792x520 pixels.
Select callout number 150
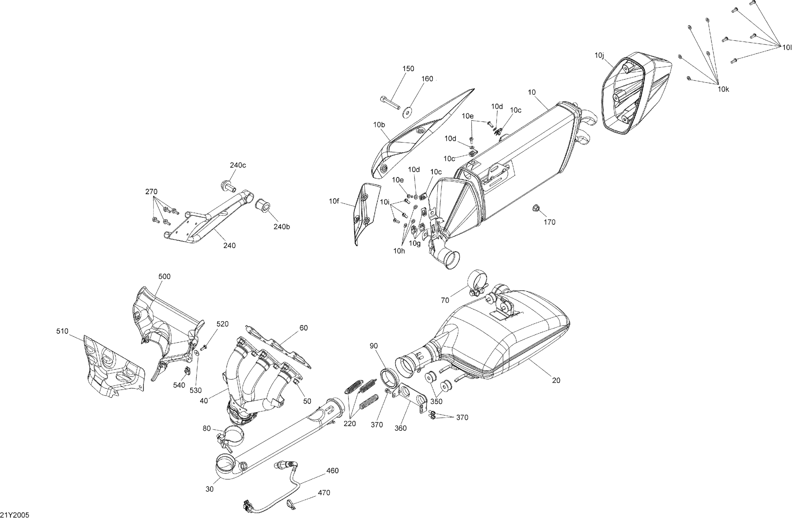408,69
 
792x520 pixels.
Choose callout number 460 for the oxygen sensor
332,470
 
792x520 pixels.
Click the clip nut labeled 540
187,370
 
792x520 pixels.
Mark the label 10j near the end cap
599,55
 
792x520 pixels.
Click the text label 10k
723,89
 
